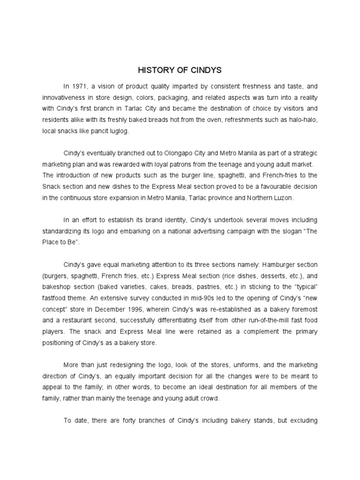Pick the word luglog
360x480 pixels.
click(x=118, y=132)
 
